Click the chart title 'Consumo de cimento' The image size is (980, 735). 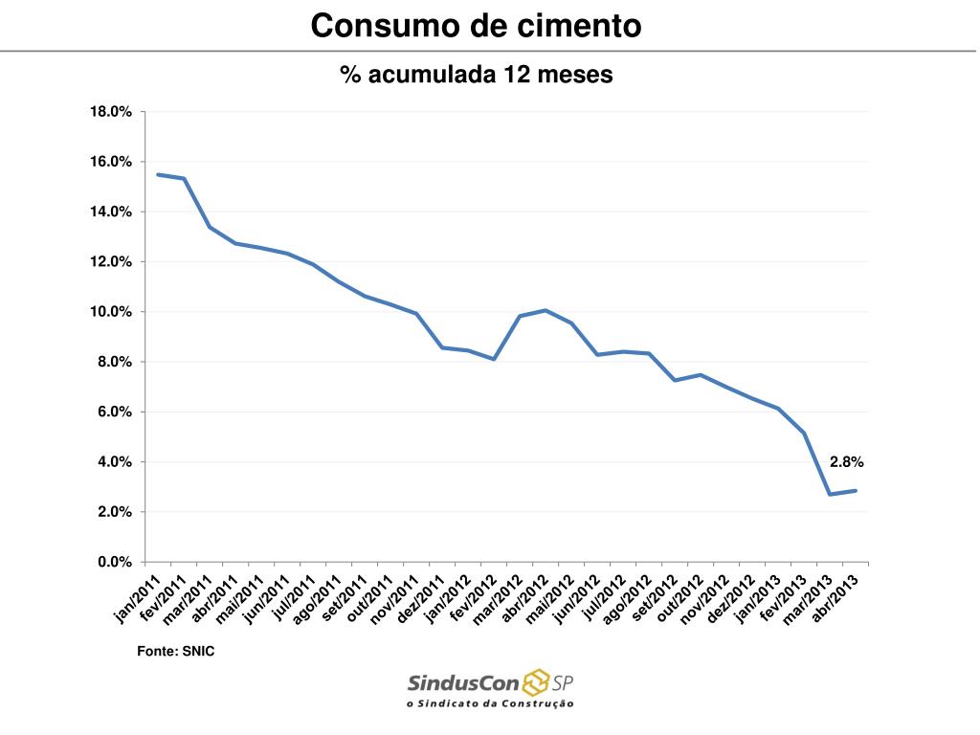pyautogui.click(x=476, y=26)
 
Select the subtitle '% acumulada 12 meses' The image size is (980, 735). pyautogui.click(x=476, y=75)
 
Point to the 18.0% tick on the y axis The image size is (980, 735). pyautogui.click(x=111, y=112)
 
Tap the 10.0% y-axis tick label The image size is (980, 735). pyautogui.click(x=111, y=312)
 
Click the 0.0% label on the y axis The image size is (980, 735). pyautogui.click(x=114, y=562)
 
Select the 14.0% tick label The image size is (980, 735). pyautogui.click(x=111, y=212)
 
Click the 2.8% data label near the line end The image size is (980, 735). pyautogui.click(x=847, y=462)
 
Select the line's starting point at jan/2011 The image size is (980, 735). pyautogui.click(x=158, y=174)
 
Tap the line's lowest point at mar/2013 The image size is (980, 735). pyautogui.click(x=830, y=494)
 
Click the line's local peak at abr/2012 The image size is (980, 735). pyautogui.click(x=546, y=310)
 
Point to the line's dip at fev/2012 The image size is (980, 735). pyautogui.click(x=494, y=359)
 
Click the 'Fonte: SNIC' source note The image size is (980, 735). pyautogui.click(x=168, y=651)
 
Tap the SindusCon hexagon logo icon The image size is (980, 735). pyautogui.click(x=535, y=683)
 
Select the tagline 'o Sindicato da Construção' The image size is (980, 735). pyautogui.click(x=490, y=703)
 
